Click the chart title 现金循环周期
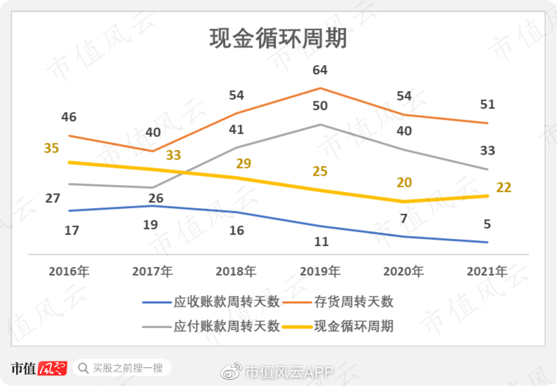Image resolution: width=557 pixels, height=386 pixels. coord(278,39)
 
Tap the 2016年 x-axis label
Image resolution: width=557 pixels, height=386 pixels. coord(69,271)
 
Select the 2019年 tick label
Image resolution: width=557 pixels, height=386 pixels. coord(321,271)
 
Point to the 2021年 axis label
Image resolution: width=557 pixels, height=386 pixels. coord(487,271)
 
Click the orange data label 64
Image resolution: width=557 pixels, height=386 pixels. coord(321,70)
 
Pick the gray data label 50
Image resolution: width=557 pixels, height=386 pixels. coord(321,106)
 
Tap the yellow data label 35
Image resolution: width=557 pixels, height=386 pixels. coord(51,148)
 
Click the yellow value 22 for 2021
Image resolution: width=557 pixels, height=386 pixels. coord(504,187)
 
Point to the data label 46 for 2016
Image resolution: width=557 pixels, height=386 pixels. coord(69,117)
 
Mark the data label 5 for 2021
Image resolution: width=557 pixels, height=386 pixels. coord(487,225)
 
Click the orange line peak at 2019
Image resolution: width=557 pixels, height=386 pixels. coord(321,88)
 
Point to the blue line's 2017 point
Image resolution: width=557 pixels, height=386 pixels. coord(153,206)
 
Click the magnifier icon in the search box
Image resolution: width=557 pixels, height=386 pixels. coord(83,368)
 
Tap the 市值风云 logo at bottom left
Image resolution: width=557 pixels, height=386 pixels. coord(39,368)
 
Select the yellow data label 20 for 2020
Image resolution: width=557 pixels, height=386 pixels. coord(404,182)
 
